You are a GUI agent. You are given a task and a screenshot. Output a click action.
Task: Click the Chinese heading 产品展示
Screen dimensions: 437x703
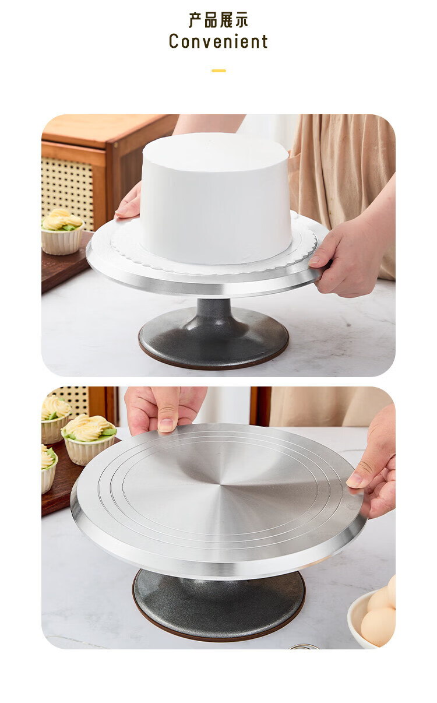(x=218, y=20)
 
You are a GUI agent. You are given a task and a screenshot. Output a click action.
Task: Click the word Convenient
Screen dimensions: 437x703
(x=218, y=41)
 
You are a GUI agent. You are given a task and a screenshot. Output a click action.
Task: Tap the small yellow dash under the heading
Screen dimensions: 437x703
(x=218, y=71)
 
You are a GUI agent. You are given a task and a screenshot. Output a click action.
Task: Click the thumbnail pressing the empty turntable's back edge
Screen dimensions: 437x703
(x=166, y=426)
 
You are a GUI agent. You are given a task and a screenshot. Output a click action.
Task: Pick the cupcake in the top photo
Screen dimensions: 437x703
(x=62, y=231)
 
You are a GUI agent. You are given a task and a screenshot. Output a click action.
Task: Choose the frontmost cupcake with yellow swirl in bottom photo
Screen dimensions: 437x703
(x=89, y=440)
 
